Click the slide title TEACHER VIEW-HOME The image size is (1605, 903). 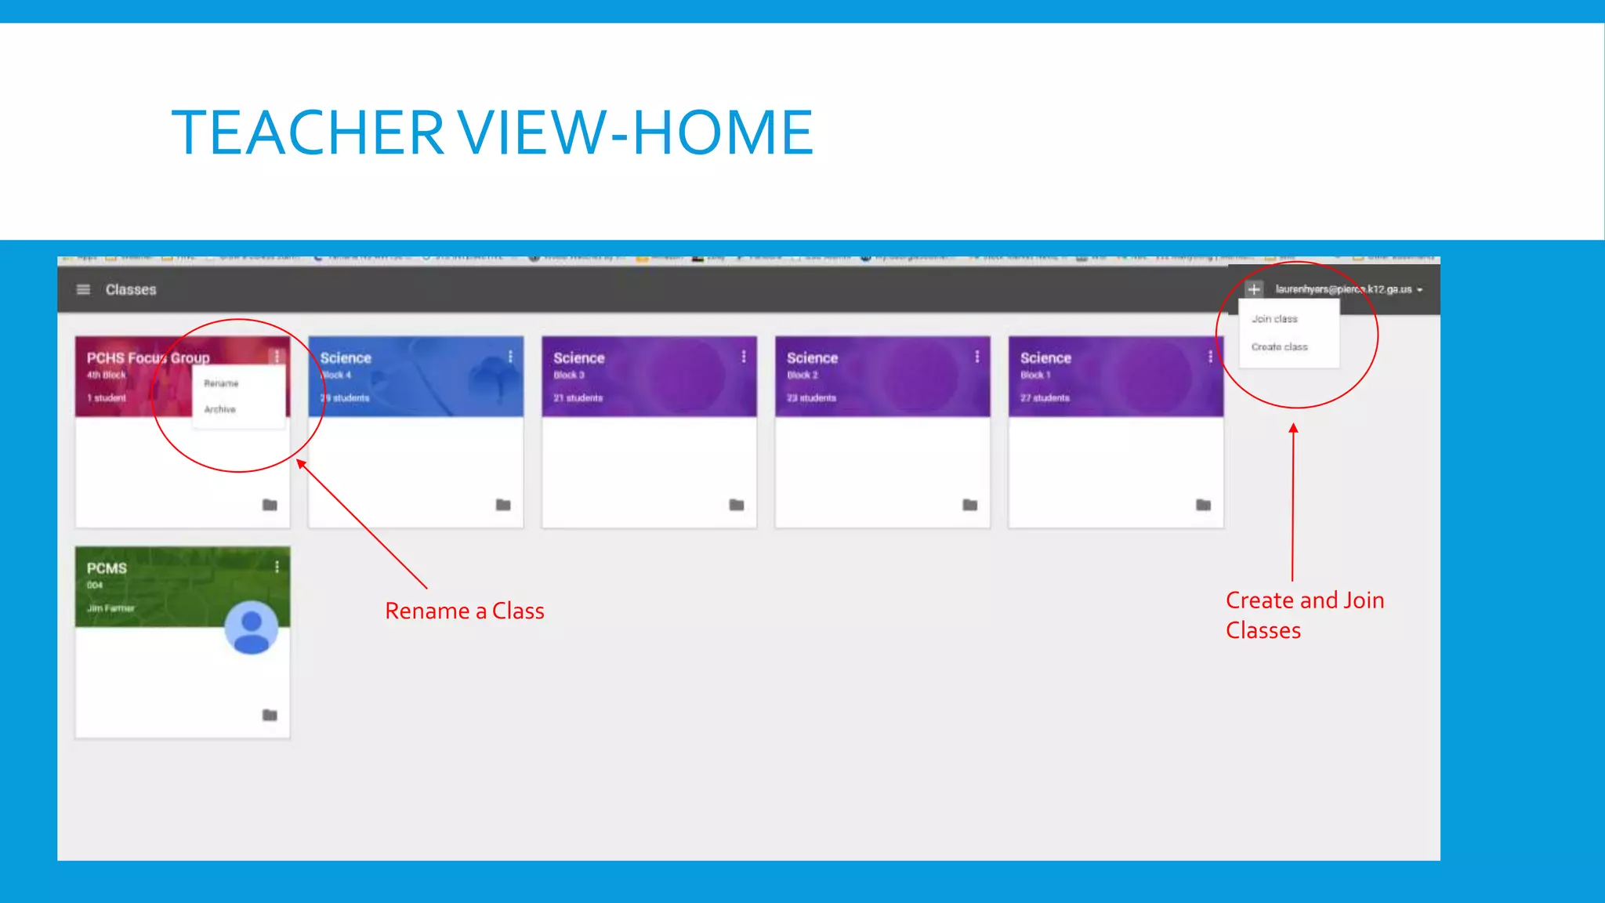[x=492, y=132]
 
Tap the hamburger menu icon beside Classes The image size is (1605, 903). [x=83, y=290]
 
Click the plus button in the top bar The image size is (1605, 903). [x=1254, y=289]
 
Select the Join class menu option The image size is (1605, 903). [x=1274, y=319]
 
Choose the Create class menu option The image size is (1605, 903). [x=1279, y=347]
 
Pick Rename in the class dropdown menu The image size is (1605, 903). [x=221, y=384]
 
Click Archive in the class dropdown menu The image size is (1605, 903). [x=219, y=410]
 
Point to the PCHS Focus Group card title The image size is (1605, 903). [x=148, y=358]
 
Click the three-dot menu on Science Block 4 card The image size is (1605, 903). [x=510, y=357]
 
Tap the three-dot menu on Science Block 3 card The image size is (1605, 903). [x=744, y=357]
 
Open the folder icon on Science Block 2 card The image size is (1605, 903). [x=969, y=505]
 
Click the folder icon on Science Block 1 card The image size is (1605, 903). [x=1203, y=505]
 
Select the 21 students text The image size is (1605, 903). [x=578, y=398]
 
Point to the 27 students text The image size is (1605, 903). [x=1045, y=398]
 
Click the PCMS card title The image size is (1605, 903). [x=107, y=568]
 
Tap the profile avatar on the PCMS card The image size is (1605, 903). [x=251, y=628]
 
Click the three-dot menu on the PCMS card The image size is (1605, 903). [x=277, y=567]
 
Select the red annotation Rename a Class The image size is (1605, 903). [x=464, y=611]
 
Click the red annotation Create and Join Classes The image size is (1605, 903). [x=1304, y=615]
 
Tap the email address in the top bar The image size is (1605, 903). [x=1343, y=289]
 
